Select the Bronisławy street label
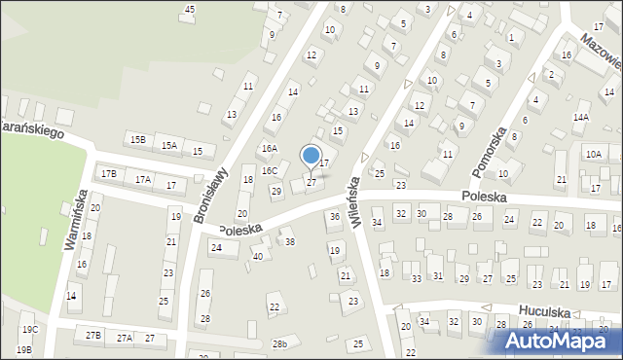(x=210, y=195)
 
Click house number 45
(x=190, y=10)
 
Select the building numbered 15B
(x=138, y=140)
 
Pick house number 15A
(x=169, y=146)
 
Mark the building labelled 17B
(x=109, y=173)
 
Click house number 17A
(x=143, y=179)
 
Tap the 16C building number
(x=269, y=170)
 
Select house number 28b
(x=280, y=344)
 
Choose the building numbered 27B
(x=93, y=335)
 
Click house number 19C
(x=29, y=330)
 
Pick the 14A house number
(x=581, y=117)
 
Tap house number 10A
(x=593, y=154)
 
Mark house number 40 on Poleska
(x=258, y=256)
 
